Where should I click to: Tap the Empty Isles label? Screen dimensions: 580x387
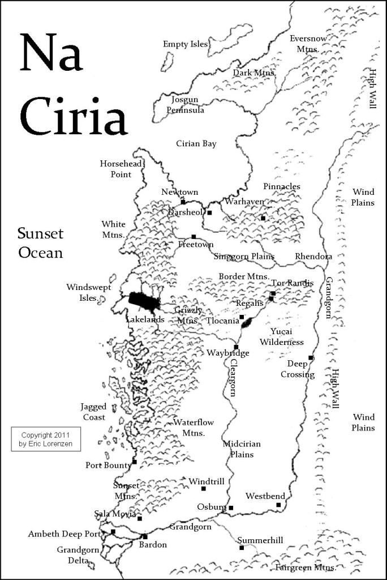[x=185, y=44]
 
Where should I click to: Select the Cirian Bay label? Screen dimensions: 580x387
[x=196, y=144]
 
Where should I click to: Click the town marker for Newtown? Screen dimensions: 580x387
[x=183, y=202]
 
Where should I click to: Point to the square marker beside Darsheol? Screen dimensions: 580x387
[x=209, y=213]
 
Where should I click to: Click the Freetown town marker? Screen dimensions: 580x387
[x=193, y=237]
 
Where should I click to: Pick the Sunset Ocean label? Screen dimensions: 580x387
[x=40, y=242]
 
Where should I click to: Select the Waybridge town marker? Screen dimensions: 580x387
[x=236, y=347]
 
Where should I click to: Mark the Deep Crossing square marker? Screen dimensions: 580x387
[x=311, y=357]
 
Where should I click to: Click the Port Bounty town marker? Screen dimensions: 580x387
[x=135, y=462]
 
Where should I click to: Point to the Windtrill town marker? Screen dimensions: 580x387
[x=204, y=489]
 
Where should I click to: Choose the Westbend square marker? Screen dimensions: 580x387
[x=278, y=505]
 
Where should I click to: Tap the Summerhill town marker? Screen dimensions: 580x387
[x=242, y=548]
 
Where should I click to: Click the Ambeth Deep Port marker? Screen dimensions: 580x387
[x=113, y=531]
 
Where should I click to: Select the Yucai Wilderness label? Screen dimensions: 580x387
[x=282, y=336]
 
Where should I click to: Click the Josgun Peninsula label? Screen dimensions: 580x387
[x=185, y=105]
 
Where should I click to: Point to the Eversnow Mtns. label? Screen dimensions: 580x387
[x=308, y=44]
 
